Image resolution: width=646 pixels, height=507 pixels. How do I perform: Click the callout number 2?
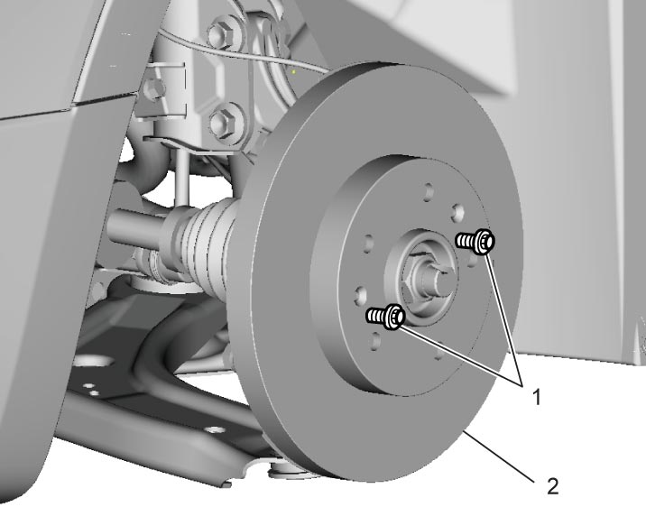click(552, 486)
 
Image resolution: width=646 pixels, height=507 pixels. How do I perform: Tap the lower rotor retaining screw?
click(386, 317)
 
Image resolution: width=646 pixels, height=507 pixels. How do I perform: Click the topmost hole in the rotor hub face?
click(429, 191)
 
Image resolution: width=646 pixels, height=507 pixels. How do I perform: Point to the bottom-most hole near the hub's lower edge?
click(439, 351)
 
